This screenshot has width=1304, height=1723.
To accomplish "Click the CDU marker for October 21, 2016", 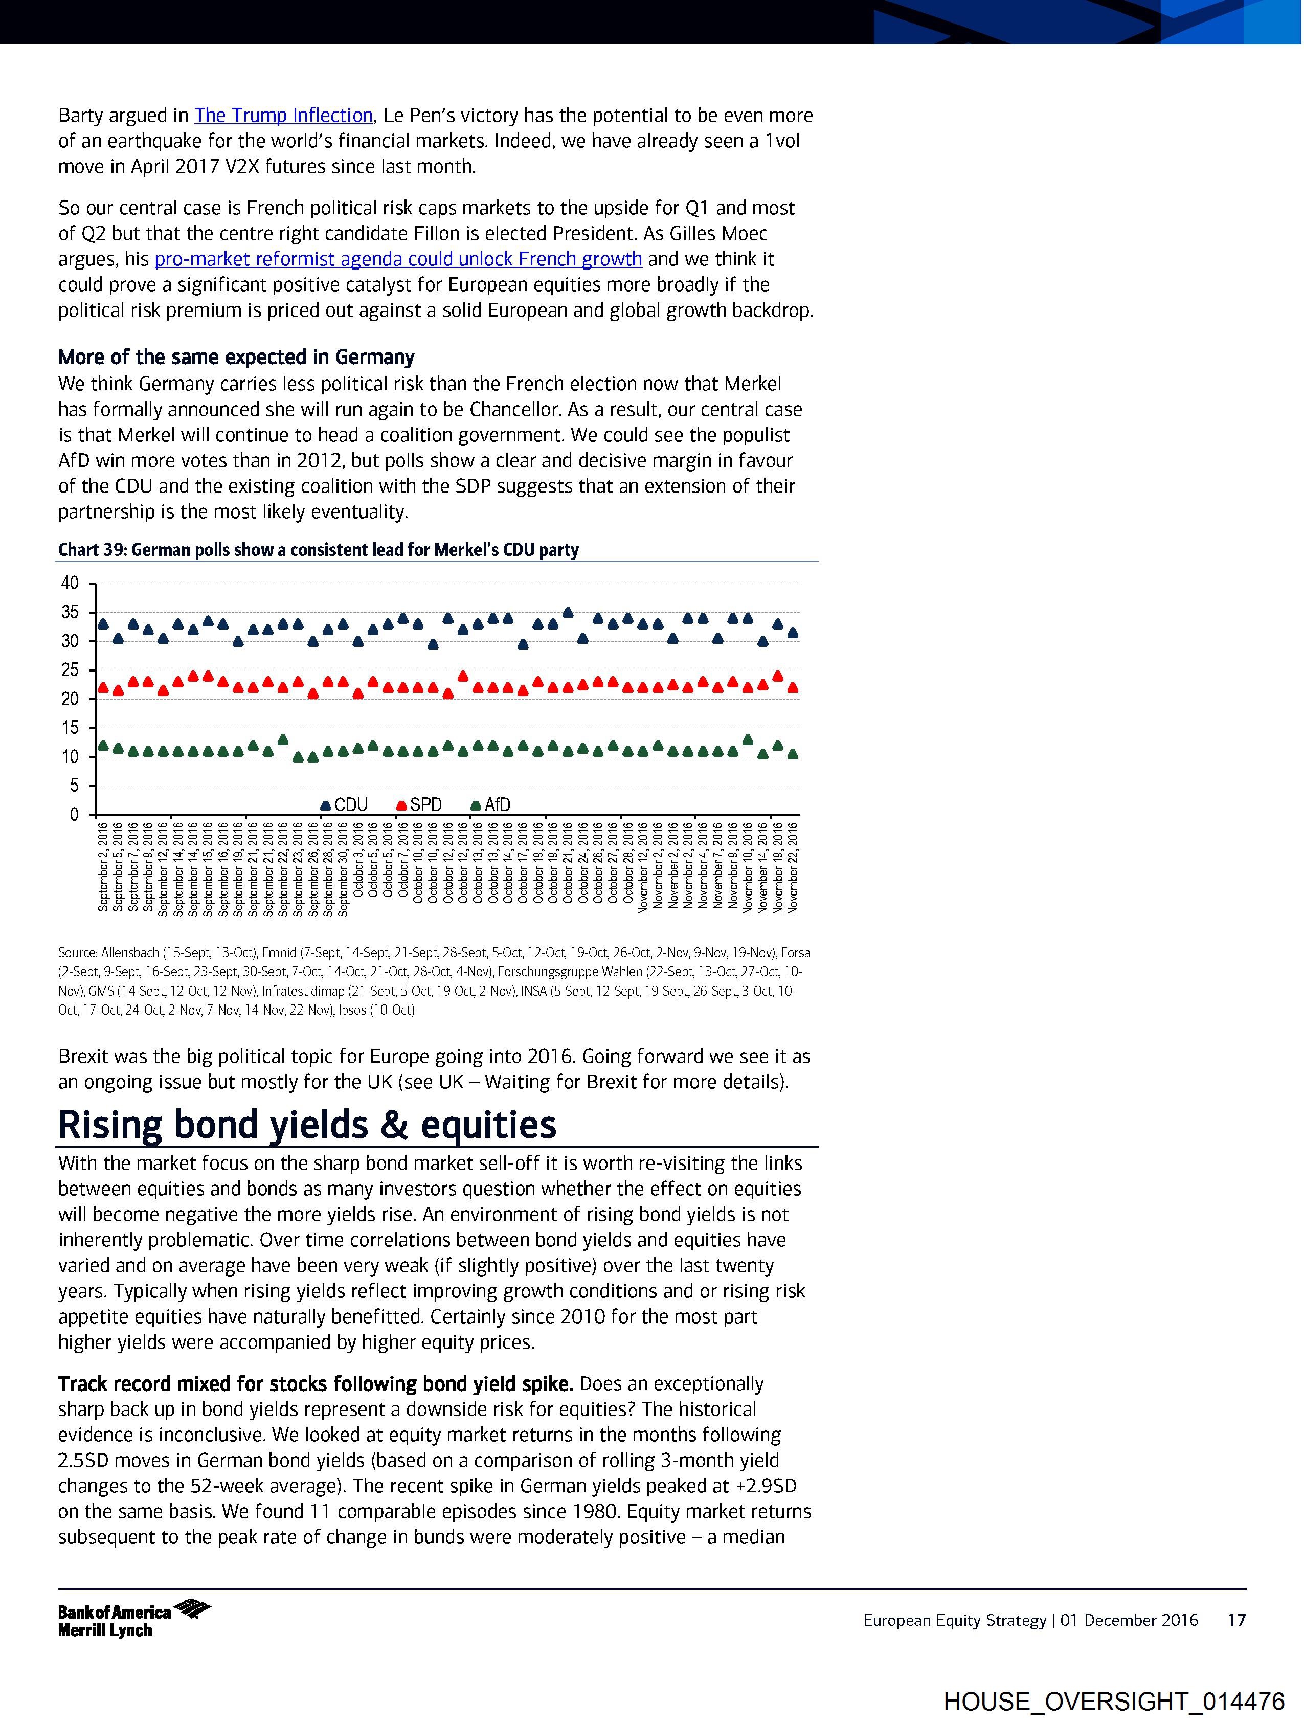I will click(x=568, y=612).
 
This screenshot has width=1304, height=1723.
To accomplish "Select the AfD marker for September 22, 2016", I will click(x=283, y=739).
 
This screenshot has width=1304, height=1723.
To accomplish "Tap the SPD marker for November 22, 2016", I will click(x=793, y=688).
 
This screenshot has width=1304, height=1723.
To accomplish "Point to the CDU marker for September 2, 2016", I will click(x=103, y=624).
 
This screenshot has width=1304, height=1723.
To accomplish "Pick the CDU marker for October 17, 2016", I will click(x=523, y=644).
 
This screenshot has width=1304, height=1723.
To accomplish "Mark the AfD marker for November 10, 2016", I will click(x=748, y=739).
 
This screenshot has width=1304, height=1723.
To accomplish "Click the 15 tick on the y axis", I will click(x=70, y=728).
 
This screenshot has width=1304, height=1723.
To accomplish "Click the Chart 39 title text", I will click(x=318, y=550).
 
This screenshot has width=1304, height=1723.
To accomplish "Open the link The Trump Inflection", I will click(x=283, y=115).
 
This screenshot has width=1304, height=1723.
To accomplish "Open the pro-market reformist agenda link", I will click(x=398, y=259).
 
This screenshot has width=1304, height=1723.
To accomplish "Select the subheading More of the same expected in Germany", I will click(x=236, y=357).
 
